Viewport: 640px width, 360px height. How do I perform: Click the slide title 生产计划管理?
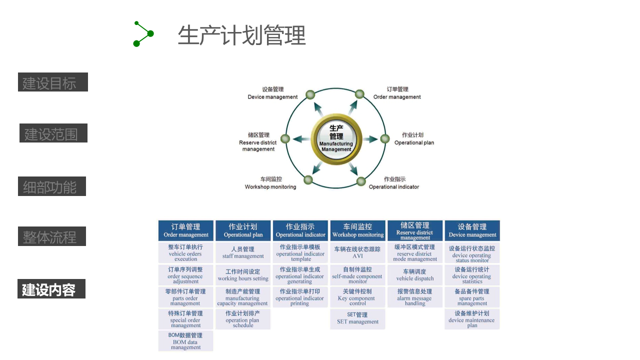(241, 36)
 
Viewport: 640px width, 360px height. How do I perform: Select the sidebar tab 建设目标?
(53, 82)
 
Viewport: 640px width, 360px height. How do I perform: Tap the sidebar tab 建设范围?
(53, 133)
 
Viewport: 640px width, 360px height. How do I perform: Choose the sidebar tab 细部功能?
(52, 186)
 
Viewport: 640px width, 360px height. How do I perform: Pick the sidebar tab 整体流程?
(52, 236)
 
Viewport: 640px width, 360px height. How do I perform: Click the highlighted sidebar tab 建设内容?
(51, 289)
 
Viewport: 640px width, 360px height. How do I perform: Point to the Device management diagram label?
(272, 93)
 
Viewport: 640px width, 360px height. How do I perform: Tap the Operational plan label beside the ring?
(414, 139)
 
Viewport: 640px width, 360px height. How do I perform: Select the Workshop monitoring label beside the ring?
(270, 183)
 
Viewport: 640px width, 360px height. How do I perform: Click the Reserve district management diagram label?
(258, 142)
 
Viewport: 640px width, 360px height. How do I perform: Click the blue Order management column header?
(186, 230)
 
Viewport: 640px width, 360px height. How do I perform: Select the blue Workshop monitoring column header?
(358, 230)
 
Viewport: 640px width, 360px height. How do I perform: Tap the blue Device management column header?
(472, 230)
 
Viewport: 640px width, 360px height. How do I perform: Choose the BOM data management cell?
(186, 341)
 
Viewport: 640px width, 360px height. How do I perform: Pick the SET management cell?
(358, 318)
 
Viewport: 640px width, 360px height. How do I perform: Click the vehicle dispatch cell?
(415, 275)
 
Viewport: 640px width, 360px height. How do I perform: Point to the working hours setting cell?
(243, 275)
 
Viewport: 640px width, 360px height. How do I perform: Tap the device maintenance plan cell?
(472, 319)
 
